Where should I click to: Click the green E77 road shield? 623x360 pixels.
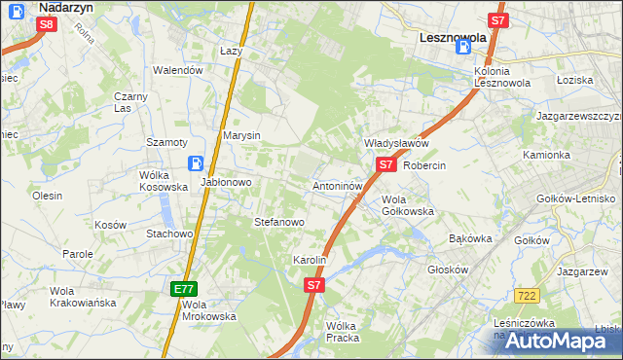185,289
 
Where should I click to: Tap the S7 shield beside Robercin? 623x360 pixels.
386,165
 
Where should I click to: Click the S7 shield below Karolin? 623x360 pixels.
313,285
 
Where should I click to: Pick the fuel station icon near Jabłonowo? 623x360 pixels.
197,164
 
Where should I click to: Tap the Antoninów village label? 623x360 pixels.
338,185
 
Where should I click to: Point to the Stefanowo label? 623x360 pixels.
279,222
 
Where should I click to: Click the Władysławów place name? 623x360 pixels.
396,143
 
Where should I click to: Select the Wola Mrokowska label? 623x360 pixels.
209,310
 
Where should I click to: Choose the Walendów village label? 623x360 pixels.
178,70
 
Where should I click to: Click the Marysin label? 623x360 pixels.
241,135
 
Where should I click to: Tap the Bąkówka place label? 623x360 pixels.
471,238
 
